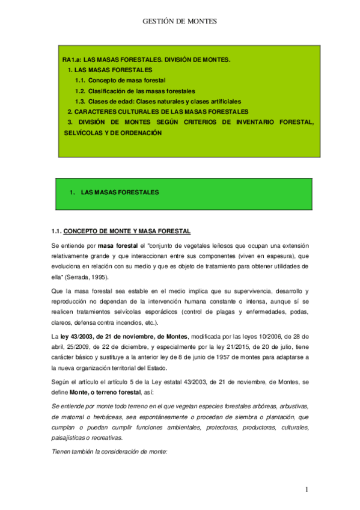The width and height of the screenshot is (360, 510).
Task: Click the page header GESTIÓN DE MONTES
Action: (x=179, y=21)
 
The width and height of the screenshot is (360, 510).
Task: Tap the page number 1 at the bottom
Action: (x=307, y=490)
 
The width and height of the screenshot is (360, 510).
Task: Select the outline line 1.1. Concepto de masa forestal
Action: (x=120, y=80)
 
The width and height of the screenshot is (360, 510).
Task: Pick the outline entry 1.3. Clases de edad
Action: (x=157, y=101)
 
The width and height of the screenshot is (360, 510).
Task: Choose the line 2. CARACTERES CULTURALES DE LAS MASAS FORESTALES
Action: (x=157, y=112)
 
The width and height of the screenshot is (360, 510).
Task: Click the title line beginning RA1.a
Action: (x=146, y=60)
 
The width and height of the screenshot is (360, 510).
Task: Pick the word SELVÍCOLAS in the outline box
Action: (x=82, y=133)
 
